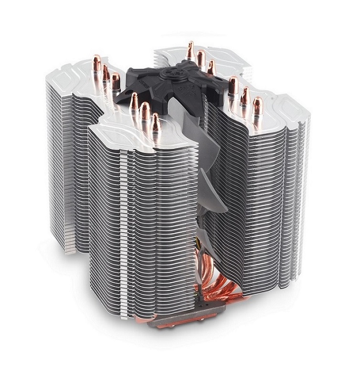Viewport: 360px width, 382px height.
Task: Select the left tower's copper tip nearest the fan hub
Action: pyautogui.click(x=116, y=80)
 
